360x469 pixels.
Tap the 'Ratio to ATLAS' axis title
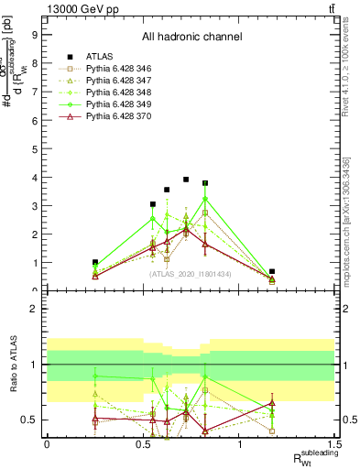click(x=12, y=365)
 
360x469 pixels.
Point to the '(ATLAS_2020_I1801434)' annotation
click(x=191, y=274)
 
